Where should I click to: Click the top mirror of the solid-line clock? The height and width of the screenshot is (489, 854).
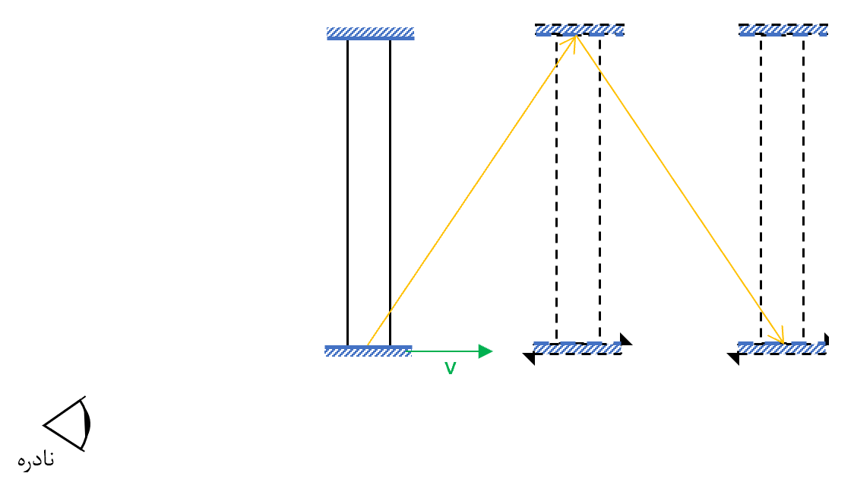pyautogui.click(x=370, y=33)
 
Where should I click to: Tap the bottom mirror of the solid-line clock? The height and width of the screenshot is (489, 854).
pyautogui.click(x=368, y=351)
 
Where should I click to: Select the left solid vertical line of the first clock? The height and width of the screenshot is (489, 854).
pyautogui.click(x=347, y=192)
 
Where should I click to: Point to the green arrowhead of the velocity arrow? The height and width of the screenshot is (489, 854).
pyautogui.click(x=486, y=351)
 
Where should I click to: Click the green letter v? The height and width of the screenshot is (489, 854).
pyautogui.click(x=451, y=369)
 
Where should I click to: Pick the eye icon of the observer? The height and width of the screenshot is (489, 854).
pyautogui.click(x=68, y=424)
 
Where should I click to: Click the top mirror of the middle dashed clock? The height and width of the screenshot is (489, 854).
pyautogui.click(x=580, y=30)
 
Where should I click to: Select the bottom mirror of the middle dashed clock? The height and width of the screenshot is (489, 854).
pyautogui.click(x=577, y=348)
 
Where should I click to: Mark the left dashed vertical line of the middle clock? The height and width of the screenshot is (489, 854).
pyautogui.click(x=557, y=189)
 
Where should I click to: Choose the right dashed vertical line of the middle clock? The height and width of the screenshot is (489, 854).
pyautogui.click(x=599, y=189)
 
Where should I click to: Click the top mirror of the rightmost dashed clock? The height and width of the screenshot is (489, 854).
pyautogui.click(x=783, y=30)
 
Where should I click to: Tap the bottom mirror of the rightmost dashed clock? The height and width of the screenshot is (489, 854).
pyautogui.click(x=782, y=348)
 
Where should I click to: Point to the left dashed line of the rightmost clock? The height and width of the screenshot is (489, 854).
pyautogui.click(x=761, y=189)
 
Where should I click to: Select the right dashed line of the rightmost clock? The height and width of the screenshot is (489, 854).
pyautogui.click(x=803, y=189)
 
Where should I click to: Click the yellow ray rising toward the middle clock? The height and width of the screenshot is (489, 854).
pyautogui.click(x=472, y=190)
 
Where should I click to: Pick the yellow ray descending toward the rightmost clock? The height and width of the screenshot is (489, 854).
pyautogui.click(x=680, y=189)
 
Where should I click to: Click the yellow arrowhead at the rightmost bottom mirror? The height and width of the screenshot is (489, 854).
pyautogui.click(x=778, y=336)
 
